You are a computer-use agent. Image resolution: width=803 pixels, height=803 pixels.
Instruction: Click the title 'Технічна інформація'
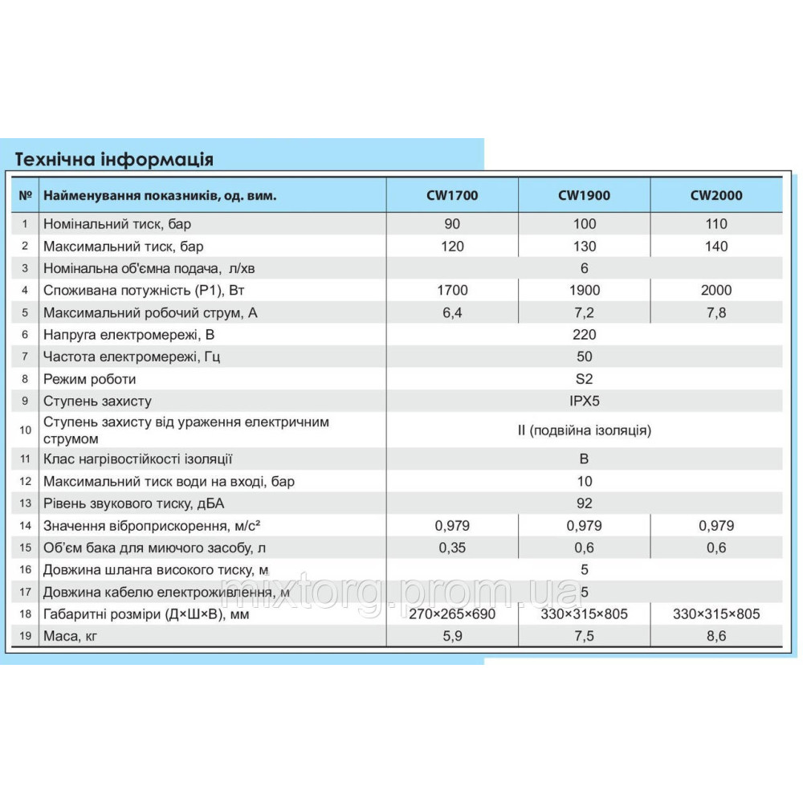115,158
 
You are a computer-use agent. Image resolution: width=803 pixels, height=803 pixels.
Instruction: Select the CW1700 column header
452,195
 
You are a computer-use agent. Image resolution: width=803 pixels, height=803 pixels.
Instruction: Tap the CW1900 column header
584,195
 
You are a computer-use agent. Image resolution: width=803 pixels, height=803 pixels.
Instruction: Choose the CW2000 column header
716,195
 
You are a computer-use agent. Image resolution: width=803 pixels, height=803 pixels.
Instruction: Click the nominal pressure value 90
452,224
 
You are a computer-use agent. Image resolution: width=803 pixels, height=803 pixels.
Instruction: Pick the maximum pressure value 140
716,247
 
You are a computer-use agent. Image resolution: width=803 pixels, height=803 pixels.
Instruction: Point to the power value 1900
584,291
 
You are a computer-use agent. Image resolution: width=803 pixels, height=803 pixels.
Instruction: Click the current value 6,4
452,313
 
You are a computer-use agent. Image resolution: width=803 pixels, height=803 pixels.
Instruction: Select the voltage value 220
584,335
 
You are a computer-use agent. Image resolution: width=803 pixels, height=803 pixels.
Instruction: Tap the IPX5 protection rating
584,401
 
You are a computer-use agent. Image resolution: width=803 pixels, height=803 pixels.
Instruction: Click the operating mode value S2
584,379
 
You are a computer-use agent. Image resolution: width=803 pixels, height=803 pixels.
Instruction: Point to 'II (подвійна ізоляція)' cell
584,430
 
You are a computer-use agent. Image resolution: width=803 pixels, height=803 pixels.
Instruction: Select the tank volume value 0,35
452,548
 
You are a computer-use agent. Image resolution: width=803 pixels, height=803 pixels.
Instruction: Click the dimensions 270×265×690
452,614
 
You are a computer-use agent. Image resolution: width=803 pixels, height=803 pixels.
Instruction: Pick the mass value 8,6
716,636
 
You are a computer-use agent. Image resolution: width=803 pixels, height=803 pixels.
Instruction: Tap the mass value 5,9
452,636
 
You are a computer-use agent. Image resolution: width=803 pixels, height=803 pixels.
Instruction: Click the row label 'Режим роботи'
89,379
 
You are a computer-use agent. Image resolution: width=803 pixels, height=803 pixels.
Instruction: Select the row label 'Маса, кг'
73,636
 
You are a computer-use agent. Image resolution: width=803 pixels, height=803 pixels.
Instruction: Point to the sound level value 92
584,503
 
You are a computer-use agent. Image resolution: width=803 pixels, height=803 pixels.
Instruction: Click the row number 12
26,482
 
